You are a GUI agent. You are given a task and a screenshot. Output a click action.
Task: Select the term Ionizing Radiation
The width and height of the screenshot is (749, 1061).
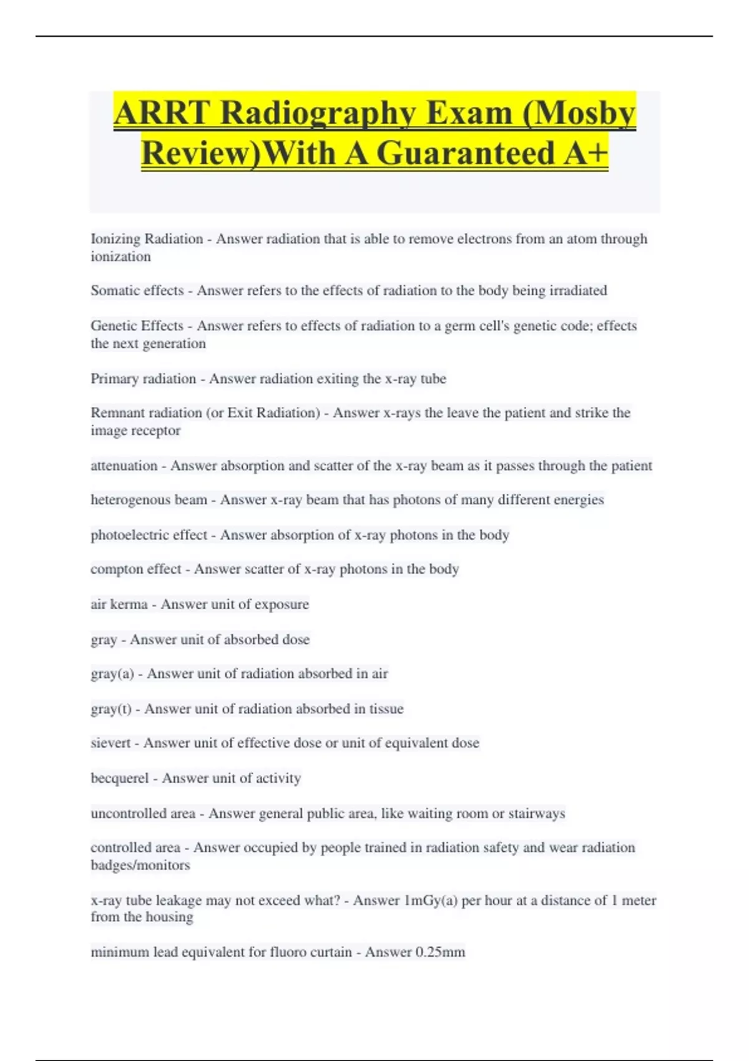tap(147, 239)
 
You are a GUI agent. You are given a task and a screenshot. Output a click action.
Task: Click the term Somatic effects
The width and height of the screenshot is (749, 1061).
tap(137, 291)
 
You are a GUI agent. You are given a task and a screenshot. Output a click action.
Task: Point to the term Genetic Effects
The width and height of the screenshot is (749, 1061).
tap(137, 326)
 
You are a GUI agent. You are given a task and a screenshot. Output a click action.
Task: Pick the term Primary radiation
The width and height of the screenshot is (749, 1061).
tap(143, 379)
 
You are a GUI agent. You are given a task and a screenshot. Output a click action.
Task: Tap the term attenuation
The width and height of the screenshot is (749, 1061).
tap(124, 466)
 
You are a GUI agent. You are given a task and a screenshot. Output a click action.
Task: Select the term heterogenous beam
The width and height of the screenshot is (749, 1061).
tap(149, 500)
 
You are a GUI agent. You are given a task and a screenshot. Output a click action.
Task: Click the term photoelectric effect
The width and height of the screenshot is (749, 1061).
tap(149, 535)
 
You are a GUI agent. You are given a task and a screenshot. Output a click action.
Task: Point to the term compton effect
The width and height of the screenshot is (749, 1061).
tap(135, 569)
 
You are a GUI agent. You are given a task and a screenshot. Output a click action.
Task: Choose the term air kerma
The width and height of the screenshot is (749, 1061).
tap(119, 604)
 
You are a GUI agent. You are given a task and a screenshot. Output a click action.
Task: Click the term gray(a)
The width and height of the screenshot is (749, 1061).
tap(112, 674)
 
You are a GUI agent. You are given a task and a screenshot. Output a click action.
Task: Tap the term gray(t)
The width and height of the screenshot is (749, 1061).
tap(110, 709)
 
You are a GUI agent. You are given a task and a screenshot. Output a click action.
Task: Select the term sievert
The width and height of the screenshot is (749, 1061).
tap(110, 743)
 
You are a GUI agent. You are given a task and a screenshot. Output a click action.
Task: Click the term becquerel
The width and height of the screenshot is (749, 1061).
tap(119, 778)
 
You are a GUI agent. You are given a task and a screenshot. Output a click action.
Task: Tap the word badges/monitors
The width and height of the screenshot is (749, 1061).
tap(140, 866)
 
